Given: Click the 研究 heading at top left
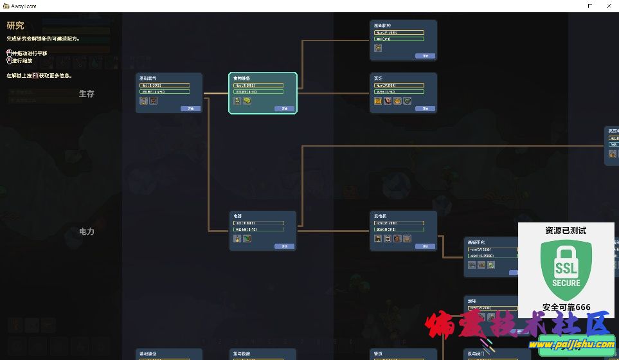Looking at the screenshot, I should pyautogui.click(x=15, y=26).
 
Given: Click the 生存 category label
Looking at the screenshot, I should pyautogui.click(x=87, y=94).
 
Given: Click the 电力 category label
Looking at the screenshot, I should pyautogui.click(x=87, y=231).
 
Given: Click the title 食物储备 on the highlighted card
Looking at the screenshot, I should pyautogui.click(x=242, y=78).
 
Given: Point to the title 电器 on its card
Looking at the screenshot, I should pyautogui.click(x=238, y=216).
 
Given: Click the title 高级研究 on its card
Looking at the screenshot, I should pyautogui.click(x=476, y=242).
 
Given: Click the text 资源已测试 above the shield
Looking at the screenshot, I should pyautogui.click(x=566, y=230).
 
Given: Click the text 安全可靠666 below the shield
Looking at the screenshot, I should pyautogui.click(x=566, y=307).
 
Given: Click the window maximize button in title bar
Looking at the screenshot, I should pyautogui.click(x=590, y=6).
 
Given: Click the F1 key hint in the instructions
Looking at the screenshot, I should pyautogui.click(x=35, y=75).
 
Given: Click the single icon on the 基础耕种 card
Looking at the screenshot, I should pyautogui.click(x=379, y=48).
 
